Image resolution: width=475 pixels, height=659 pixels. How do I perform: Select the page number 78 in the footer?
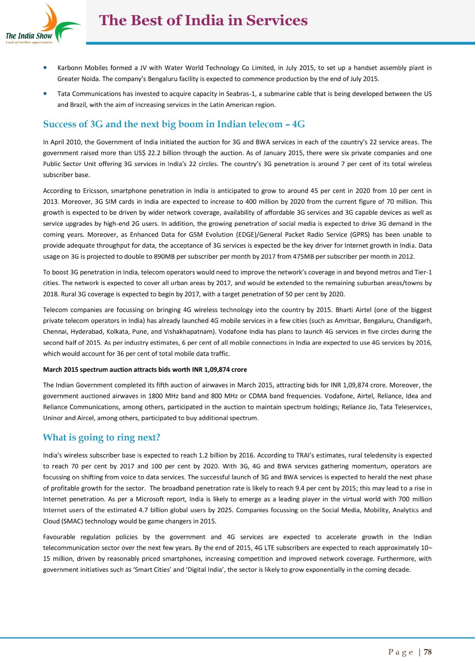tap(428, 652)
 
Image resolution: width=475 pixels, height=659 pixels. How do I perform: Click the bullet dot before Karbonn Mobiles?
tap(46, 67)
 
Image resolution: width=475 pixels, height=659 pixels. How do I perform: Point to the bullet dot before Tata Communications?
tap(46, 93)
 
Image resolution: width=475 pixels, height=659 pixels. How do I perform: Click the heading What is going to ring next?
tap(101, 438)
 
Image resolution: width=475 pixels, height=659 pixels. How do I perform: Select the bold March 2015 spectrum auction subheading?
tap(145, 370)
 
